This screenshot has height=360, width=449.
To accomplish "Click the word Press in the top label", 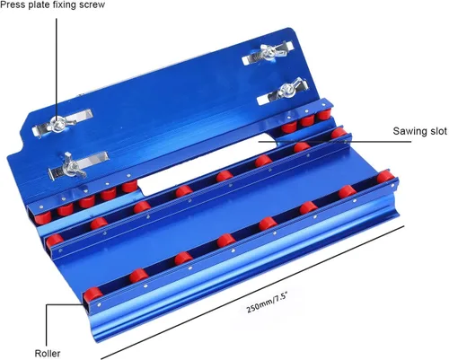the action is pos(13,4).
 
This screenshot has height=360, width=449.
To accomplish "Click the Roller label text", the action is pos(48,354).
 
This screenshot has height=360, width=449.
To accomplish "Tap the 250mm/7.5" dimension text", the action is pos(268,303).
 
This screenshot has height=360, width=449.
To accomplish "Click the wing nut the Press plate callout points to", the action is pos(59,124).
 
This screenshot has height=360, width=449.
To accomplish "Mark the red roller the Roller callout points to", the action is pos(92,295).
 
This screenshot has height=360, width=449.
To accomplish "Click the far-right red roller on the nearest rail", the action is pos(385,177).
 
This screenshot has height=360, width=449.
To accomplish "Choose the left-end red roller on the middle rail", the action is pos(55,241).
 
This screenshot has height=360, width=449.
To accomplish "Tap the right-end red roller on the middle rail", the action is pos(339,133).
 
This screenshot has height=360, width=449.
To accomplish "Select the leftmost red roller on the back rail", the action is pos(42,218).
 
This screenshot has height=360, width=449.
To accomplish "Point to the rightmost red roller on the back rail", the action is pos(324,115).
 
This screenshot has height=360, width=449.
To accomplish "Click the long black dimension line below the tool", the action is pos(252,292).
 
